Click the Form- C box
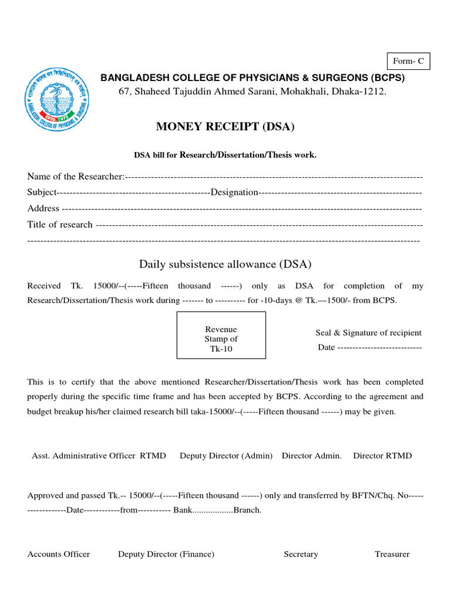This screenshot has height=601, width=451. coord(408,61)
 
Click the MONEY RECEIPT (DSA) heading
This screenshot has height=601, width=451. coord(225,127)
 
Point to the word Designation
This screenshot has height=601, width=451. coord(234,193)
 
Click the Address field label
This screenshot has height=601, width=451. coord(43,208)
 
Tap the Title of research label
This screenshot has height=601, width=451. coord(60,224)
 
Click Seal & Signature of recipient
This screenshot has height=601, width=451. coord(368,333)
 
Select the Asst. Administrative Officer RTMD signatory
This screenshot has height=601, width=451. coord(99,456)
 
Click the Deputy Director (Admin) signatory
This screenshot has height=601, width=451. coord(226,456)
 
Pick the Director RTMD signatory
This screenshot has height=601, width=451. coord(382,456)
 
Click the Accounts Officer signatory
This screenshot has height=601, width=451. coord(59,554)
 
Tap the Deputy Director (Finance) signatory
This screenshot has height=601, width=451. coord(166,554)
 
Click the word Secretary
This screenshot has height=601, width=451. coord(301,554)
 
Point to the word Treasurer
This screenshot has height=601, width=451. coord(392,554)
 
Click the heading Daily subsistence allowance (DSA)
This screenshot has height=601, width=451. coord(225,264)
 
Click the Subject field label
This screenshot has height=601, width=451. coord(42,193)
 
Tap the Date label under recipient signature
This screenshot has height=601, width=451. coord(327,347)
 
